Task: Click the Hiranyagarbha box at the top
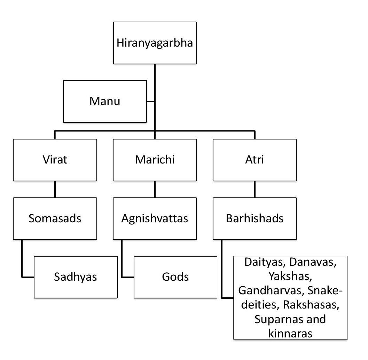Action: coord(155,44)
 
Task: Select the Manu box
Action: coord(105,101)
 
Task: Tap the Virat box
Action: coord(55,160)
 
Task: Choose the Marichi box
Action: coord(155,160)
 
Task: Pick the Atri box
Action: coord(255,160)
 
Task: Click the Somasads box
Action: coord(55,218)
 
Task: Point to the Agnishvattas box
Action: coord(155,218)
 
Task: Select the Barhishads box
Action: coord(255,218)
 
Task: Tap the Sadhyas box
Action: coord(76,277)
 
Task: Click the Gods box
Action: coord(175,277)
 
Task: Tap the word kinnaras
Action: coord(290,333)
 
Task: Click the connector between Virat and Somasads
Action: coord(55,189)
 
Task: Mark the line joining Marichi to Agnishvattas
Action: coord(155,189)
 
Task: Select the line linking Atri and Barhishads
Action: coord(255,189)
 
